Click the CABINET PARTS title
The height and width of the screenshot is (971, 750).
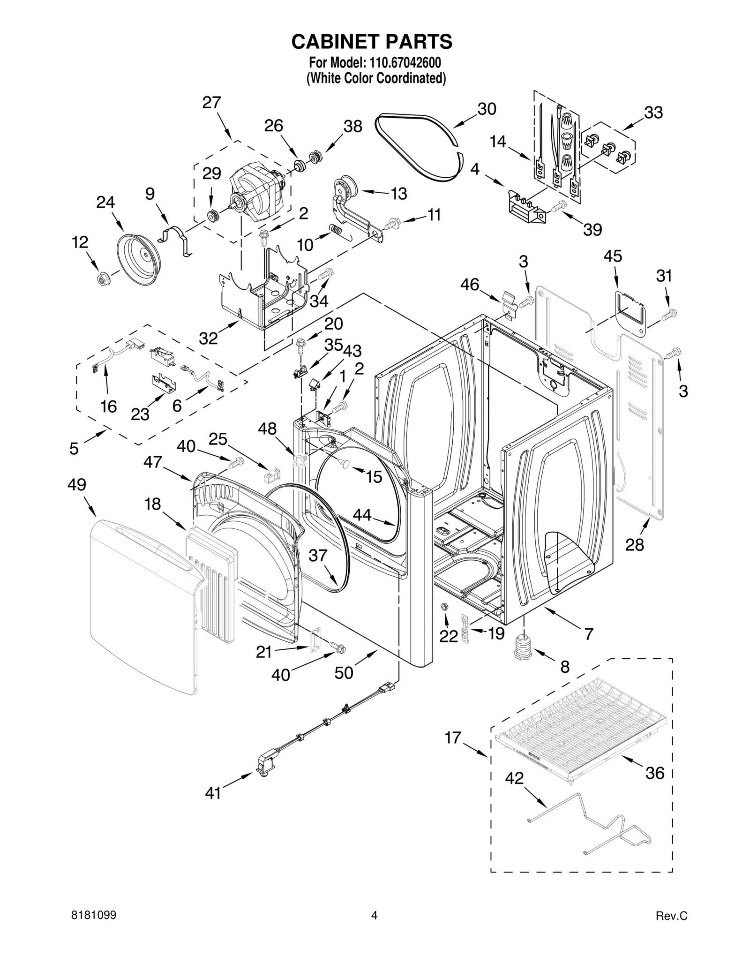pyautogui.click(x=372, y=41)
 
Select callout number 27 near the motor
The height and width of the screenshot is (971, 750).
pyautogui.click(x=211, y=102)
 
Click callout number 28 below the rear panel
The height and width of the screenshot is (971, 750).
pyautogui.click(x=635, y=545)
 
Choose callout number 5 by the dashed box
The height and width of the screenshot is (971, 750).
pyautogui.click(x=74, y=449)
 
